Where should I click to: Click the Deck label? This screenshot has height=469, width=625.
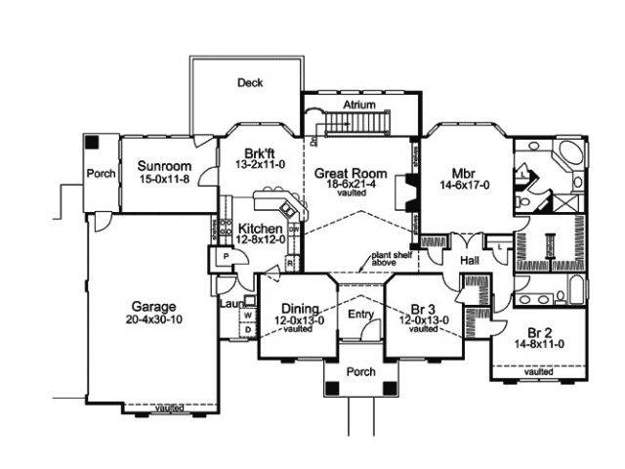click(x=250, y=83)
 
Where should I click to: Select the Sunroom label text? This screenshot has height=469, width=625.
click(x=163, y=166)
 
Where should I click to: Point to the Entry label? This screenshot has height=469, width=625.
click(x=360, y=315)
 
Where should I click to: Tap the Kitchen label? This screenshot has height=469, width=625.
click(x=261, y=229)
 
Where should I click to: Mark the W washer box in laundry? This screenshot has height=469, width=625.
click(x=247, y=316)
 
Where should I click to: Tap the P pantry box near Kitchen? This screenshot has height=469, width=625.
click(x=225, y=256)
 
